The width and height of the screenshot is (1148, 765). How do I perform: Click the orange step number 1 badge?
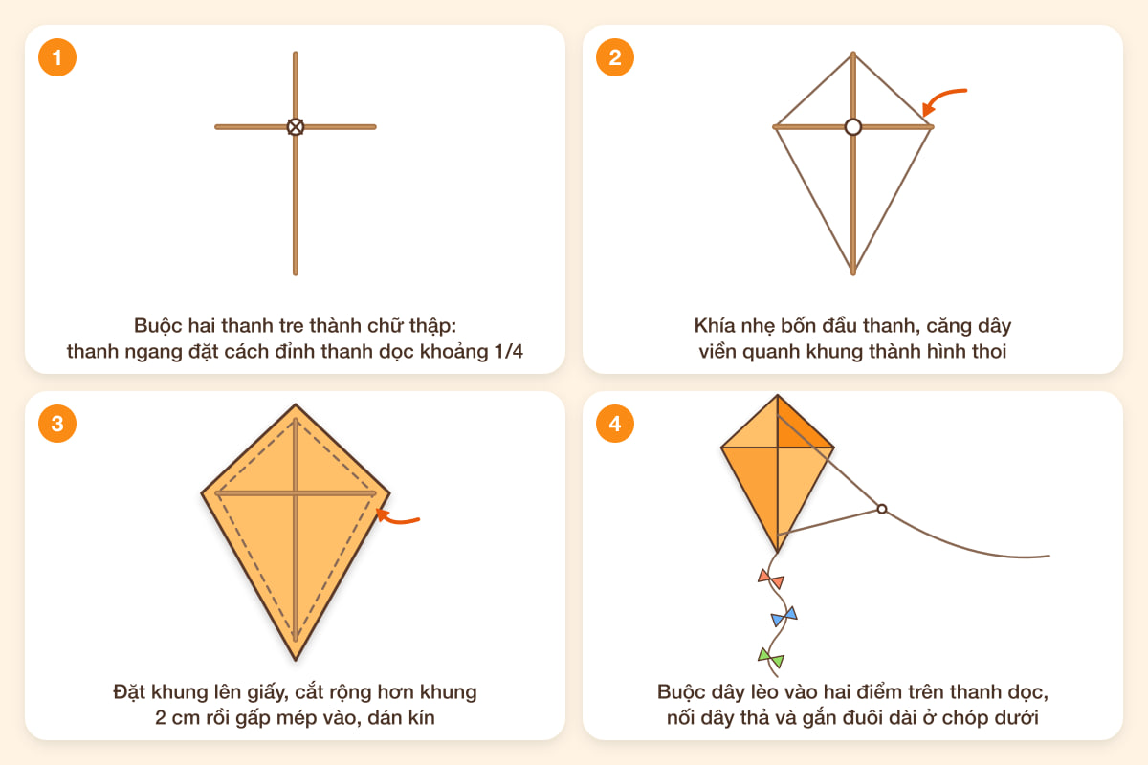[x=57, y=57]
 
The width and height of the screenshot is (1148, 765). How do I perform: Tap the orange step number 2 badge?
[x=615, y=57]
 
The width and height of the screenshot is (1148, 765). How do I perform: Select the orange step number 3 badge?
[x=57, y=424]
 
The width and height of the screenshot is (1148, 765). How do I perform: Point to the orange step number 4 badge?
[x=615, y=424]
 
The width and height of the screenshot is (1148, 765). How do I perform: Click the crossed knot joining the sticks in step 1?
[x=296, y=126]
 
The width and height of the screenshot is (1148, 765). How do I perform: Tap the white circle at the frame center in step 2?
[x=852, y=126]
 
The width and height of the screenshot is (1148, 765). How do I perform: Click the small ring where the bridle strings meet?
[x=881, y=509]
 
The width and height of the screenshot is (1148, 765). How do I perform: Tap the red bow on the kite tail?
[x=771, y=579]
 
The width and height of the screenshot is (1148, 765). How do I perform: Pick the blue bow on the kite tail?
[x=784, y=616]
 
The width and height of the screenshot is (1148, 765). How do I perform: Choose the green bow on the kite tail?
[x=771, y=658]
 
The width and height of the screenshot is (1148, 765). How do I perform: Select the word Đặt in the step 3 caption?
[x=128, y=692]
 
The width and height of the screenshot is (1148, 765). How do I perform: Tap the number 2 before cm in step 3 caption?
[x=161, y=718]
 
